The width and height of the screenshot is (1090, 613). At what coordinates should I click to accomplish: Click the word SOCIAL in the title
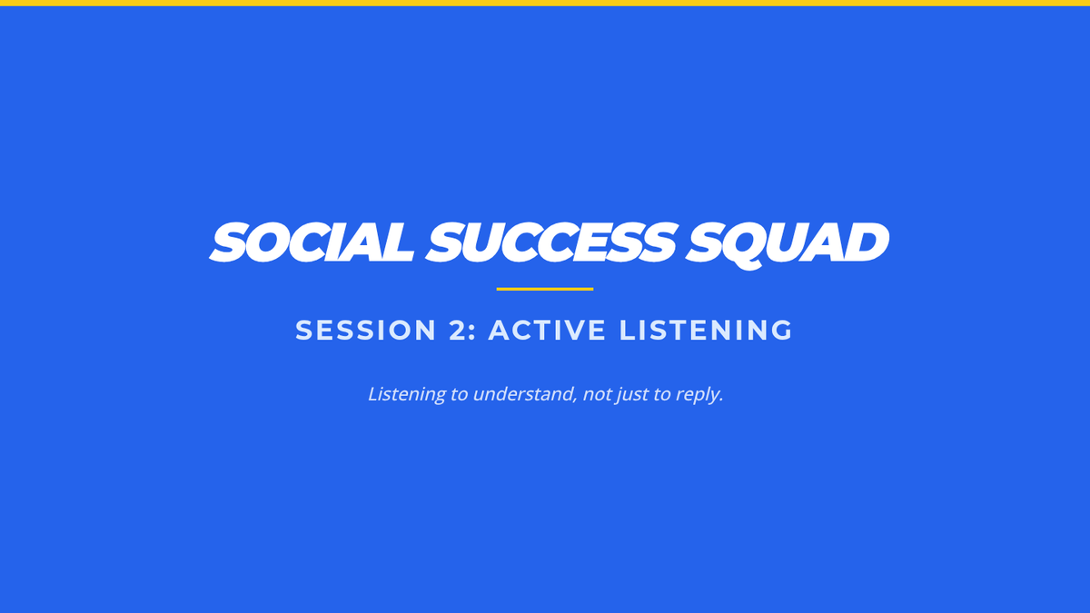click(x=312, y=242)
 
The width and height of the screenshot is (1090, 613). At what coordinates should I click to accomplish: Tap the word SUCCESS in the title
click(x=550, y=242)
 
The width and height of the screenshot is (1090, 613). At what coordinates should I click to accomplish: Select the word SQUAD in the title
click(x=787, y=244)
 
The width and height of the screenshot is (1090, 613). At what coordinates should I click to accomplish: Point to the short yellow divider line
click(x=545, y=289)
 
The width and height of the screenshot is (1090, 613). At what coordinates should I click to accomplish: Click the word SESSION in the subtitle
click(x=365, y=330)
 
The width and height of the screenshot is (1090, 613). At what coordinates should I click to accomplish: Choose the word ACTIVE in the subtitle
click(x=547, y=330)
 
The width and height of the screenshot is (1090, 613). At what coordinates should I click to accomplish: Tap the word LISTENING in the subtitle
click(x=706, y=330)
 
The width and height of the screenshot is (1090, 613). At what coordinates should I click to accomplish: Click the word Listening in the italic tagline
click(x=407, y=394)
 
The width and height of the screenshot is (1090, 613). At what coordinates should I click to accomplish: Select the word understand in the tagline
click(x=523, y=393)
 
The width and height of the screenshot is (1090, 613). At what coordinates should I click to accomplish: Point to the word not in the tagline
click(x=597, y=394)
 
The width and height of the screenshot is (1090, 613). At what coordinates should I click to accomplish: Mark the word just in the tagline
click(x=631, y=395)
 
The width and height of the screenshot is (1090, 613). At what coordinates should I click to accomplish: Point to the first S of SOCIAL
click(x=228, y=242)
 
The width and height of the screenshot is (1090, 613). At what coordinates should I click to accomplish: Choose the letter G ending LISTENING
click(x=781, y=330)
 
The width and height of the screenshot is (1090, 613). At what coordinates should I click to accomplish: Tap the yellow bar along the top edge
click(x=545, y=3)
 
